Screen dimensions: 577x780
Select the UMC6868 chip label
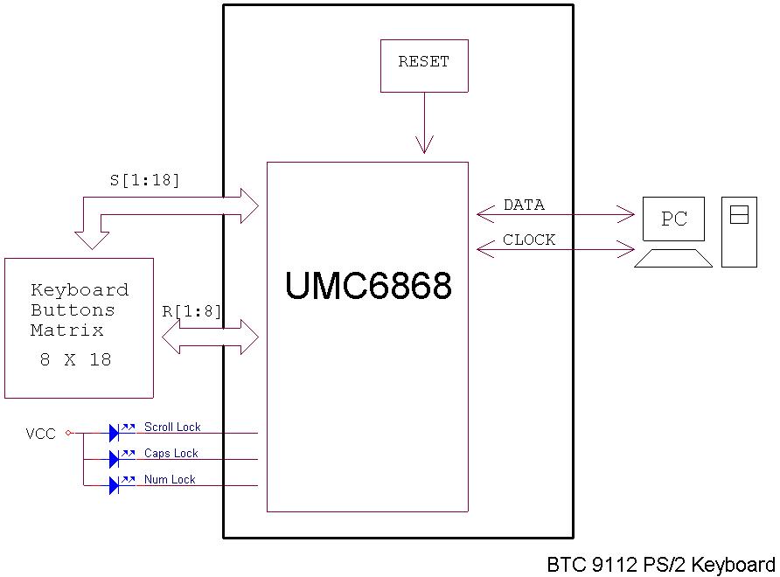368,286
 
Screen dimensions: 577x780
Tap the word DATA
524,205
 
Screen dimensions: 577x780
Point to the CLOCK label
529,240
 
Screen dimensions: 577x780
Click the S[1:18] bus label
144,181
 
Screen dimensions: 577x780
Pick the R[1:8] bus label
192,312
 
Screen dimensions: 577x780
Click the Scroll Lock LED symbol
115,432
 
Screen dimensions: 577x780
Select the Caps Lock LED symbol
115,459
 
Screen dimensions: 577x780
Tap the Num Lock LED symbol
115,485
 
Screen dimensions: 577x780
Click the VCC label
40,434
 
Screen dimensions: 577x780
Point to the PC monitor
673,219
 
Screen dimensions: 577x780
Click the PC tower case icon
739,232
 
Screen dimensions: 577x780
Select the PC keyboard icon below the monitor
672,258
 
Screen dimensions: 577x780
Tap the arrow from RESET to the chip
424,122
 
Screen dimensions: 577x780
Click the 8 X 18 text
76,359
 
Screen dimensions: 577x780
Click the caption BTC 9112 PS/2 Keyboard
661,564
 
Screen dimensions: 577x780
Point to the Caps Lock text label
171,454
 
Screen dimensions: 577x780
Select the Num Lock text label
170,480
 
